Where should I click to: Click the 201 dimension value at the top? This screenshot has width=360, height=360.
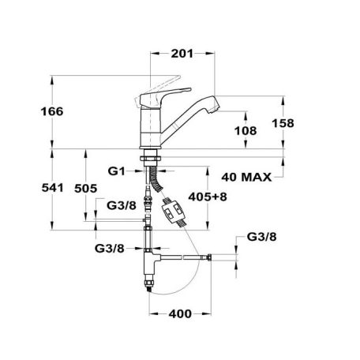[x=182, y=54]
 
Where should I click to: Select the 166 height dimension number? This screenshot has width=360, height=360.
[x=52, y=111]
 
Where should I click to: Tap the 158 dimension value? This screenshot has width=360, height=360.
[x=283, y=123]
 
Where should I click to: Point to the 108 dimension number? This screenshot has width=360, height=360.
[x=246, y=131]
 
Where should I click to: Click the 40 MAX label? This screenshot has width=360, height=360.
[x=246, y=178]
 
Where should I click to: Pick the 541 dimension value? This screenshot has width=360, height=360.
[x=53, y=188]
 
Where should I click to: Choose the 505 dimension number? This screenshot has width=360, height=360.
[x=86, y=189]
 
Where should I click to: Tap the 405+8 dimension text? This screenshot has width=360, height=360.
[x=208, y=197]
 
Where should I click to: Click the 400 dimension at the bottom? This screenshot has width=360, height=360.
[x=180, y=314]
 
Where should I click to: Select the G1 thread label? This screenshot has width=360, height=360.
[x=116, y=171]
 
